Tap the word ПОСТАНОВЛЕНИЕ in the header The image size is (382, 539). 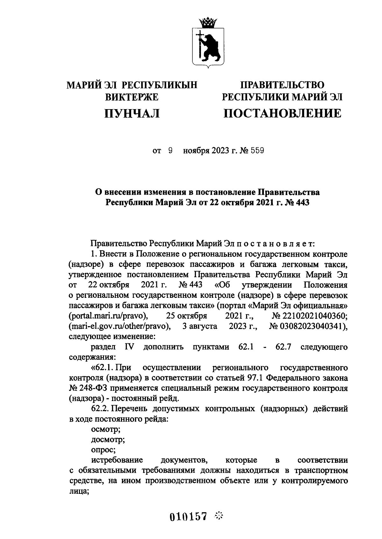coord(282,113)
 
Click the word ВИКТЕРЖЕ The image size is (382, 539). coord(132,97)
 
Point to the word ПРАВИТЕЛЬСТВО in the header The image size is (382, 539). coord(282,85)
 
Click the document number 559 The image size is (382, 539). coord(257,151)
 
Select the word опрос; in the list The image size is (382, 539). coord(103,450)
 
